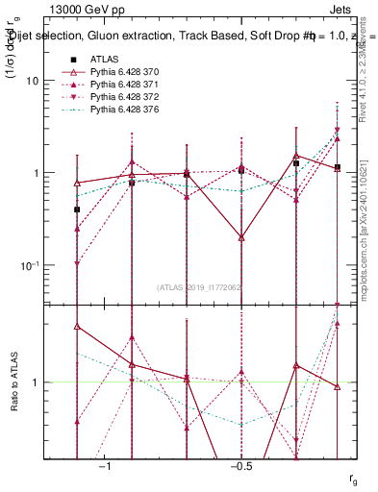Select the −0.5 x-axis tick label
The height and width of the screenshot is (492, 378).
click(239, 466)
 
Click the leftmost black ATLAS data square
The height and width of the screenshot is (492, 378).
click(77, 209)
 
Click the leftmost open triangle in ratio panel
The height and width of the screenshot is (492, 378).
click(77, 327)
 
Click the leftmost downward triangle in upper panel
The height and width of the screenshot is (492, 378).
click(77, 263)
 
